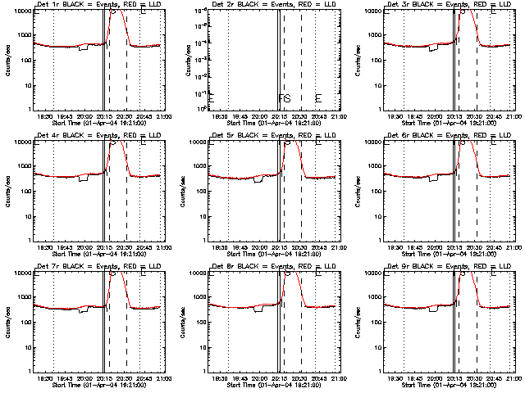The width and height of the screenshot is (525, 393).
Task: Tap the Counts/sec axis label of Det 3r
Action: [x=357, y=60]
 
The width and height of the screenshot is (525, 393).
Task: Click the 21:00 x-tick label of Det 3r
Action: [x=509, y=116]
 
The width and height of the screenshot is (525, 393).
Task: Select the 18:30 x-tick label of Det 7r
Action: [x=48, y=378]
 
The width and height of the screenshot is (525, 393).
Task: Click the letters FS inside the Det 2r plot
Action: [x=285, y=99]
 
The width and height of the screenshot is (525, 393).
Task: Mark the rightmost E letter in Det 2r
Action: [x=318, y=99]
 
